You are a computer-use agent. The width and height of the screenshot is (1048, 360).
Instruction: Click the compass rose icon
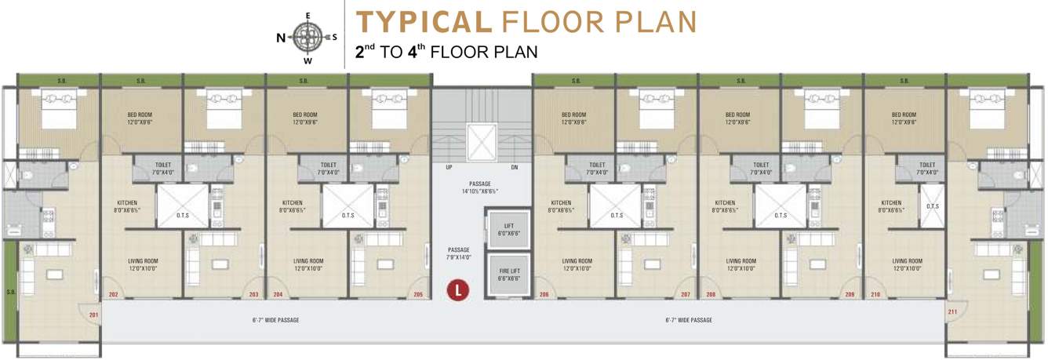[307, 36]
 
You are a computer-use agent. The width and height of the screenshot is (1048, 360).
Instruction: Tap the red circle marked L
[457, 290]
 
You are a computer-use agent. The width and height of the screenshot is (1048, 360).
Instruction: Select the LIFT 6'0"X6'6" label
[508, 230]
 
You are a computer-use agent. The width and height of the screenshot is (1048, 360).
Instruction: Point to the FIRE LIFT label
[508, 275]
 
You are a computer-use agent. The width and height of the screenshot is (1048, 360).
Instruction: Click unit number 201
[94, 316]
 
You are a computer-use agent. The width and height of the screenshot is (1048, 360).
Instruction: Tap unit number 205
[419, 295]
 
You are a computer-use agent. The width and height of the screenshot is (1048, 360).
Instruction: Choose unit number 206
[544, 295]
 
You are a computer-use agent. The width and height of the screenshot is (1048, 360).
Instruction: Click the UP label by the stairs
[449, 167]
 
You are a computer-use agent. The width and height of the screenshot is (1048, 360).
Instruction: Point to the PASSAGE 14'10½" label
[479, 187]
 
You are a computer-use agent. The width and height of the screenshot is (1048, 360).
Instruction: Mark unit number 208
[711, 295]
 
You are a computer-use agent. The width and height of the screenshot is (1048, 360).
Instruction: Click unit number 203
[253, 295]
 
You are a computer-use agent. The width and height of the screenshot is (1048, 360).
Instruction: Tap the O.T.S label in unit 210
[933, 206]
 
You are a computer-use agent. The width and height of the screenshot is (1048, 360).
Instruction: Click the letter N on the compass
[280, 37]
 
